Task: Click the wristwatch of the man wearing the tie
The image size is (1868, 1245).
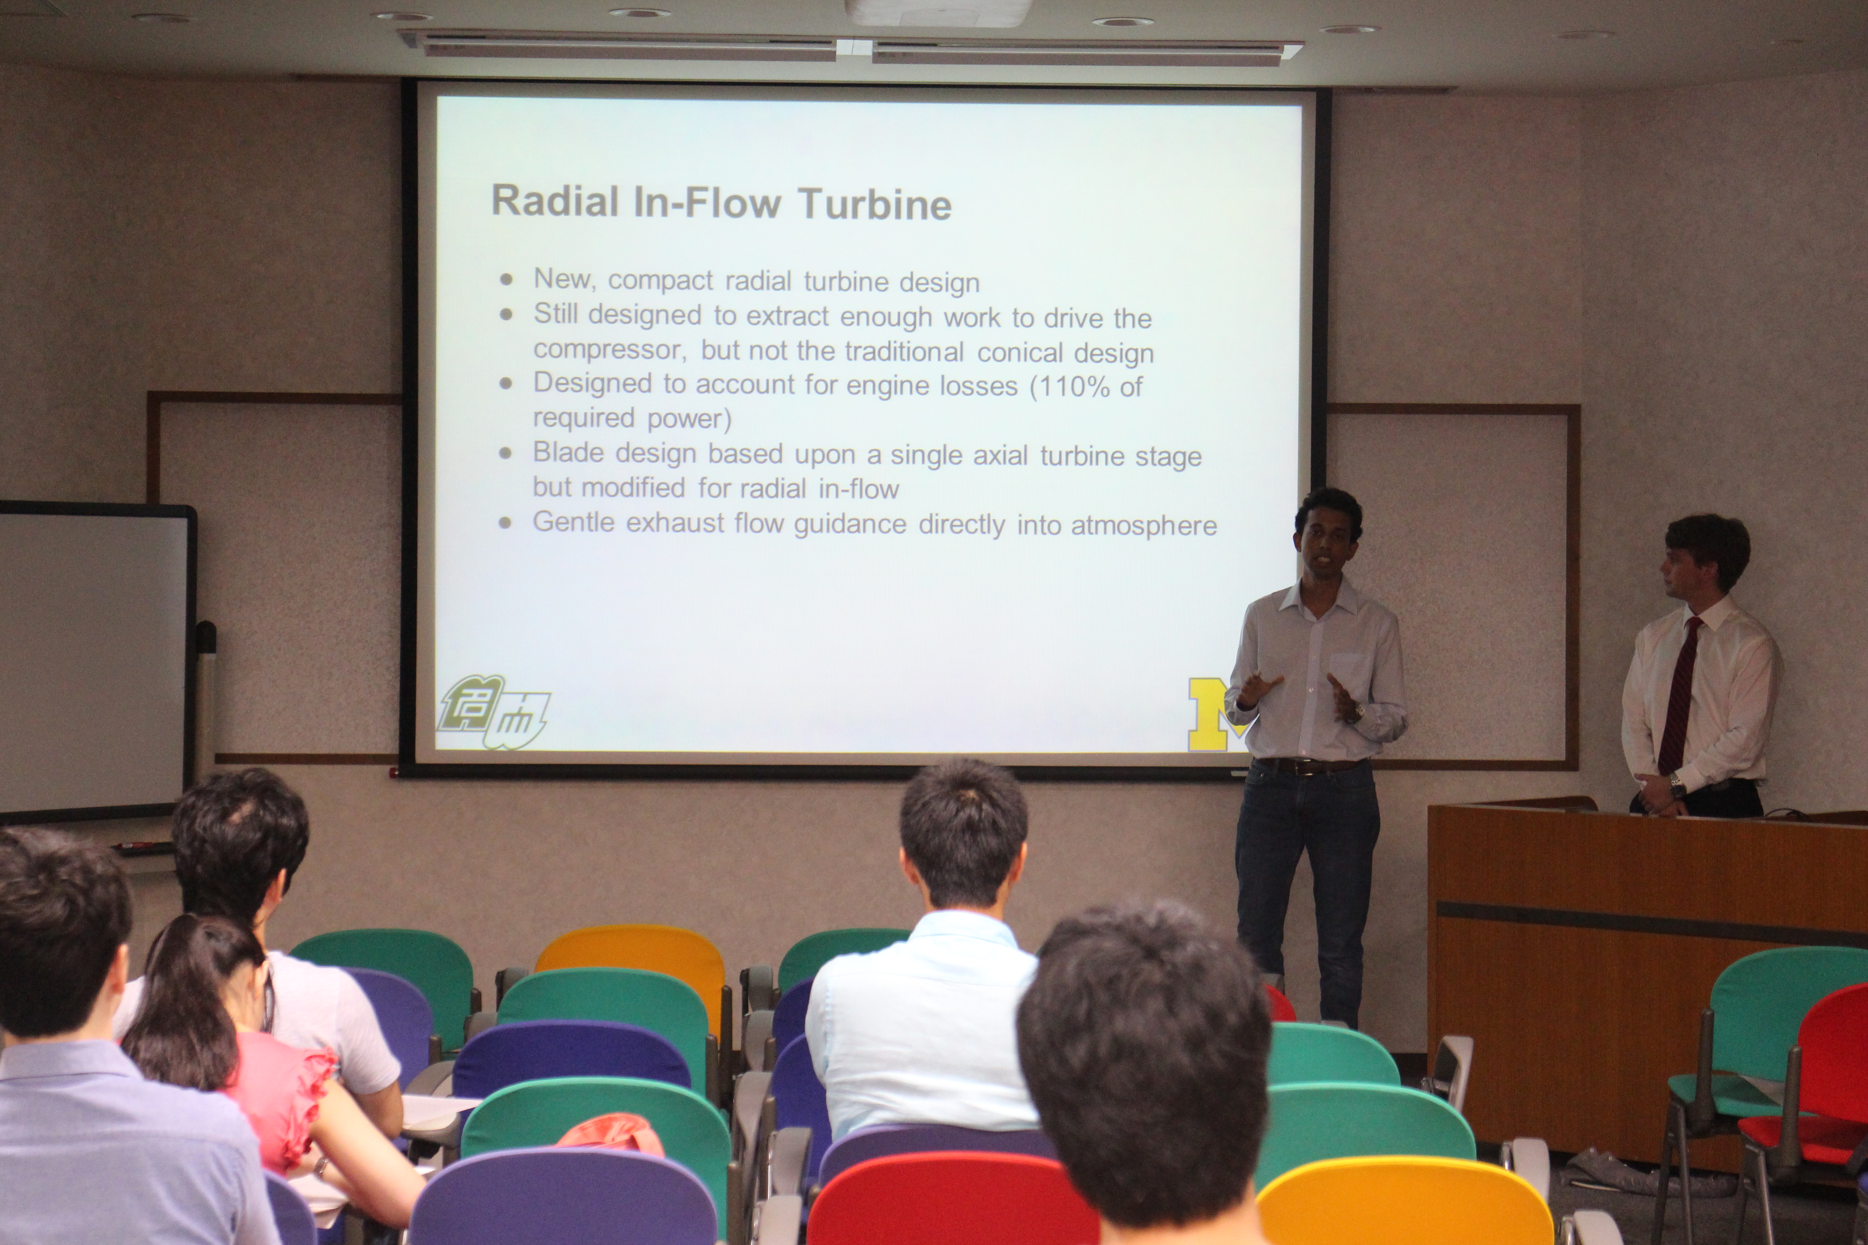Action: point(1677,787)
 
